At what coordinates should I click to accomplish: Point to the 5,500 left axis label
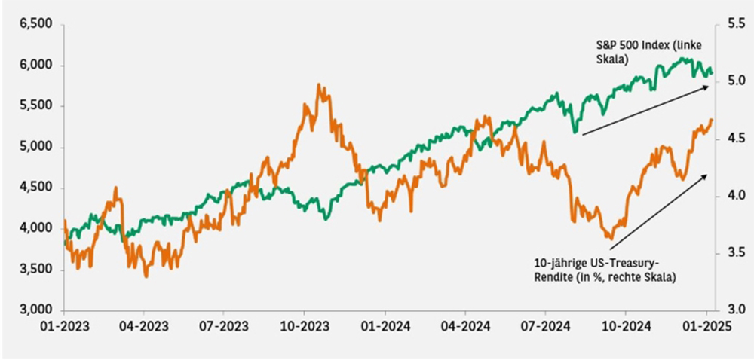[x=35, y=106]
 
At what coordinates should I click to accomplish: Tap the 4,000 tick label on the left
[x=35, y=228]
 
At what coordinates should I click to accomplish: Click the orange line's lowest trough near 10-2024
[x=611, y=238]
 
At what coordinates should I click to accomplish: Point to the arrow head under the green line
[x=707, y=87]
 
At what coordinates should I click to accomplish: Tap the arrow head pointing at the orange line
[x=707, y=175]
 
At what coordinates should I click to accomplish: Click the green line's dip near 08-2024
[x=575, y=133]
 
